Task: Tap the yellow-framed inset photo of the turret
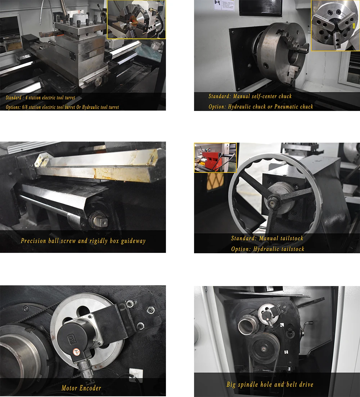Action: click(x=136, y=19)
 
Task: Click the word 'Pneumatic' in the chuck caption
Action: click(x=287, y=107)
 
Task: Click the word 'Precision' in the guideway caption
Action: click(x=33, y=241)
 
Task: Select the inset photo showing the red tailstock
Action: click(x=215, y=158)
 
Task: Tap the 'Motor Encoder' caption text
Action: click(x=81, y=388)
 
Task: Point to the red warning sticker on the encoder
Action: click(x=77, y=352)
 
